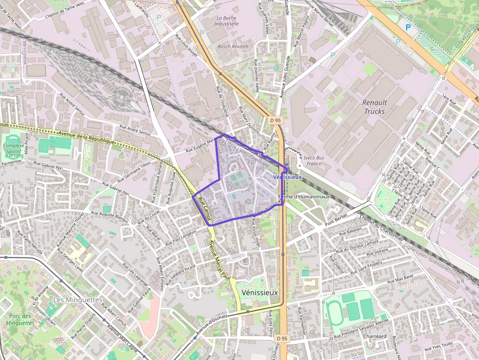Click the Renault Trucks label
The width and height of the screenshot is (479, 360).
(375, 107)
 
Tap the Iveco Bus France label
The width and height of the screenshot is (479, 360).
(314, 161)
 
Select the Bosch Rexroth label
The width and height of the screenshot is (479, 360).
(233, 46)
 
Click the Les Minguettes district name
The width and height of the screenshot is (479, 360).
(77, 299)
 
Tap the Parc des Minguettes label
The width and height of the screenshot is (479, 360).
(20, 319)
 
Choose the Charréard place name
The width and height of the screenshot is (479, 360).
(375, 337)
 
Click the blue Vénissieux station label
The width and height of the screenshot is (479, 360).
(287, 177)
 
